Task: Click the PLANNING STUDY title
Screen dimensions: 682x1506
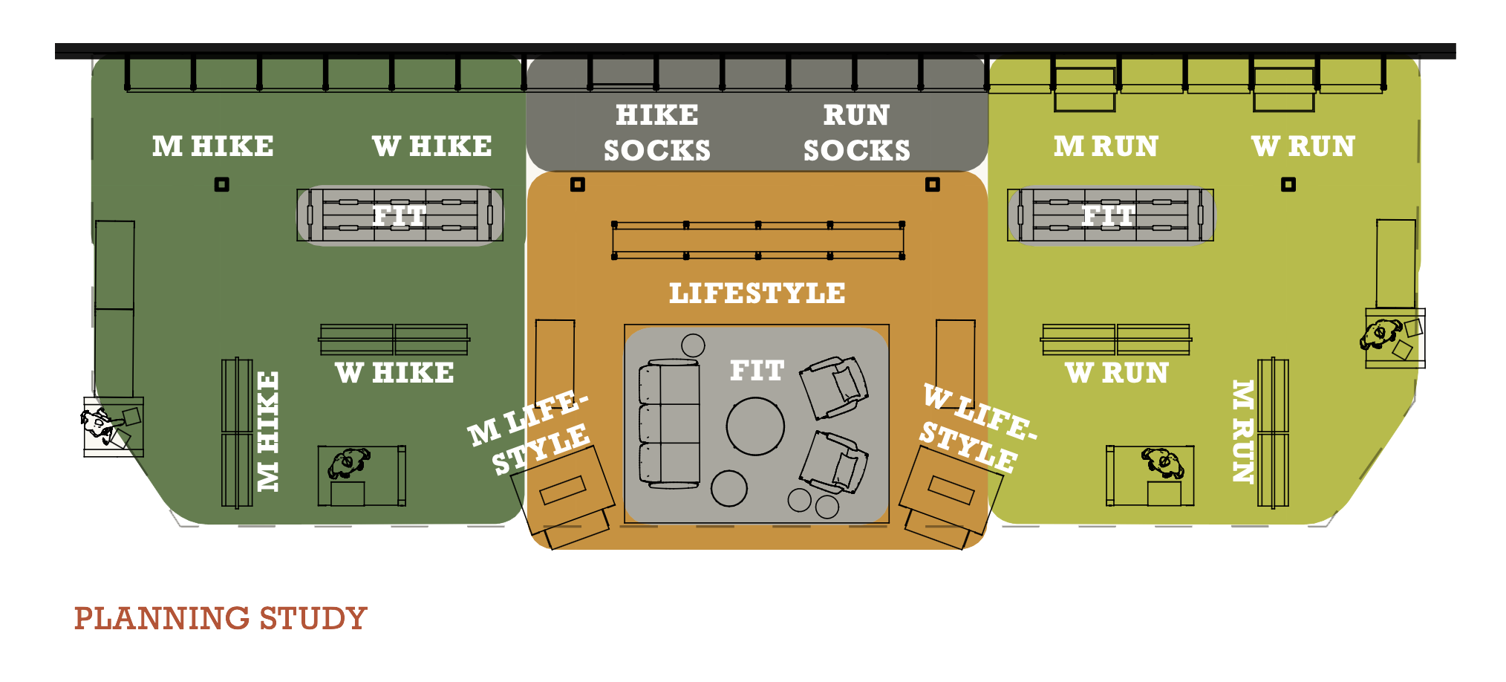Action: pyautogui.click(x=221, y=618)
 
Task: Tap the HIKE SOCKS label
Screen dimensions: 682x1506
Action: pyautogui.click(x=657, y=133)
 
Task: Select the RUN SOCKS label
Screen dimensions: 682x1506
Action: pyautogui.click(x=857, y=133)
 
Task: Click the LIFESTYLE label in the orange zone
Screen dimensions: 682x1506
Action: pyautogui.click(x=757, y=293)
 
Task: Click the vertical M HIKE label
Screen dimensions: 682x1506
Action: pyautogui.click(x=269, y=431)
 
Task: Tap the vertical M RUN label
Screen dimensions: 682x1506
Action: pyautogui.click(x=1242, y=431)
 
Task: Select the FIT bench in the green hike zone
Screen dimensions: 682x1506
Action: pyautogui.click(x=400, y=215)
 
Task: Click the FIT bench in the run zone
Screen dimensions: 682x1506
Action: pyautogui.click(x=1110, y=215)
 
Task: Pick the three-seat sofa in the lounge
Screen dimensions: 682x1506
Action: pyautogui.click(x=669, y=424)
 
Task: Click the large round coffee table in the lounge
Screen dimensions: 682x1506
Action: pyautogui.click(x=755, y=426)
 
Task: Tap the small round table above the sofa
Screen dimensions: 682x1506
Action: pyautogui.click(x=693, y=345)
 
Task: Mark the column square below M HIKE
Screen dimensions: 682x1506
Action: pyautogui.click(x=221, y=184)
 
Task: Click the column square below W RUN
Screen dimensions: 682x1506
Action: pyautogui.click(x=1288, y=184)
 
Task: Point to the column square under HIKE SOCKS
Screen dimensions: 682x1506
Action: pyautogui.click(x=578, y=184)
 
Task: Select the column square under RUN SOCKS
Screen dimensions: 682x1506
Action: pyautogui.click(x=933, y=184)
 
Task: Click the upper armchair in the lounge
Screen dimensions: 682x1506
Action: pyautogui.click(x=834, y=386)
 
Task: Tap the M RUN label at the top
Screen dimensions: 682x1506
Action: pyautogui.click(x=1106, y=146)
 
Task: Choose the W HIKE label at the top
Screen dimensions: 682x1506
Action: pyautogui.click(x=432, y=146)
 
